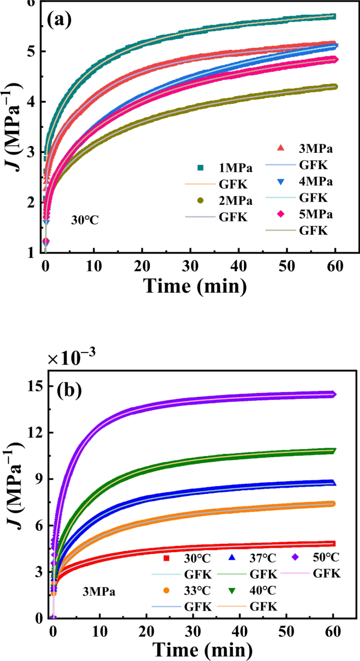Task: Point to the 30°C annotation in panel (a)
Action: (x=85, y=220)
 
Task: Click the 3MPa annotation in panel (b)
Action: (x=98, y=592)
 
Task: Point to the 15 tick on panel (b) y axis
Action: (x=35, y=386)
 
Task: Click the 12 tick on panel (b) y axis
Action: (x=35, y=432)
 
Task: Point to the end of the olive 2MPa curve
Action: (x=334, y=87)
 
